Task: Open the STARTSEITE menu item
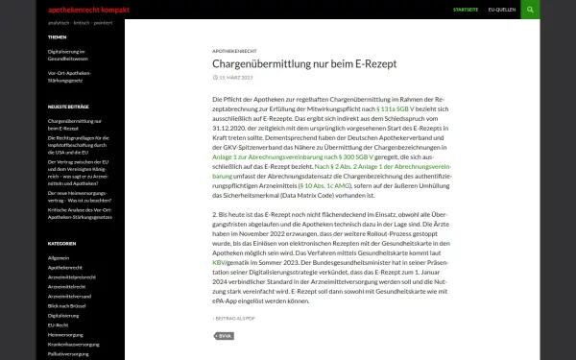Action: pos(465,10)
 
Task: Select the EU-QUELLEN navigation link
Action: pos(502,10)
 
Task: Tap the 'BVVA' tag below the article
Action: pos(225,336)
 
